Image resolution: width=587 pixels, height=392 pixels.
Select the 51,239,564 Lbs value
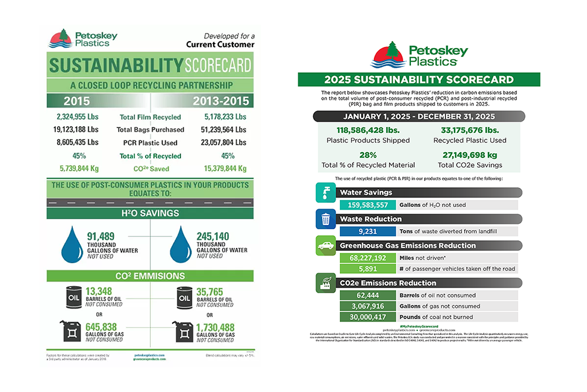click(x=218, y=130)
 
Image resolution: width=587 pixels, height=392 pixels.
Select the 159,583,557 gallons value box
click(x=366, y=205)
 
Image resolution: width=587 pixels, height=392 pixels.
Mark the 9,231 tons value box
click(x=366, y=232)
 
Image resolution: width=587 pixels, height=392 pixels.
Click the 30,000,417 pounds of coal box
click(x=366, y=317)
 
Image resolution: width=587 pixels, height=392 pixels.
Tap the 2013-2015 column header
click(x=221, y=100)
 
